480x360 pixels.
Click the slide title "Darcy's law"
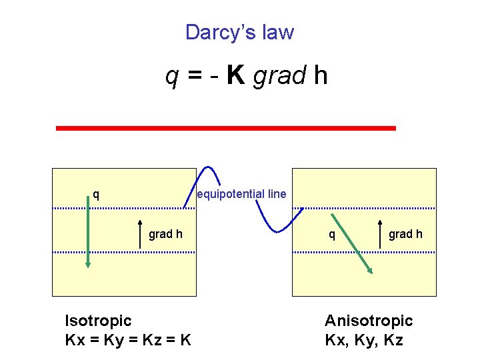[x=239, y=32]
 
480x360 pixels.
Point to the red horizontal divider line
[x=225, y=127]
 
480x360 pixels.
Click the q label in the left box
[x=97, y=195]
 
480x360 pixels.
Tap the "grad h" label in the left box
[x=165, y=234]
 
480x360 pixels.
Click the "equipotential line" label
[x=241, y=194]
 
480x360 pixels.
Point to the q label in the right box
[x=331, y=234]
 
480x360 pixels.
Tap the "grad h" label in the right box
[x=405, y=234]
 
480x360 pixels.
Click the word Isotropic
[x=98, y=321]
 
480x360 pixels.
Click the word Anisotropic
[x=369, y=321]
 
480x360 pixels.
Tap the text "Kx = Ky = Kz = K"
[x=129, y=340]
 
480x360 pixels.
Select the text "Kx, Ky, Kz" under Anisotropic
[x=363, y=340]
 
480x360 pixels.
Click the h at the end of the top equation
[x=320, y=77]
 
